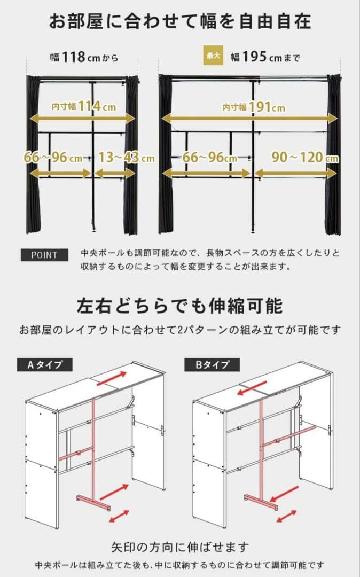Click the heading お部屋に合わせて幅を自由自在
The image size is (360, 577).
tap(180, 22)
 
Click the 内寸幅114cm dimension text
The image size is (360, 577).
tap(84, 106)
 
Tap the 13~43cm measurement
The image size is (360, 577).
tap(126, 158)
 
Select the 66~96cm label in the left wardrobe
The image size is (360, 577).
tap(53, 158)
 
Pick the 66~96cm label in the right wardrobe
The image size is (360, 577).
tap(209, 158)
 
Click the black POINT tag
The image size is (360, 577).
tap(45, 255)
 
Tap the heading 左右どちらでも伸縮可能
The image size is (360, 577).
tap(179, 307)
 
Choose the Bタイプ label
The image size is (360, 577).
tap(212, 365)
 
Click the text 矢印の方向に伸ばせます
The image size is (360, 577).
tap(180, 548)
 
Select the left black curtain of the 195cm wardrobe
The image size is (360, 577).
tap(166, 155)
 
